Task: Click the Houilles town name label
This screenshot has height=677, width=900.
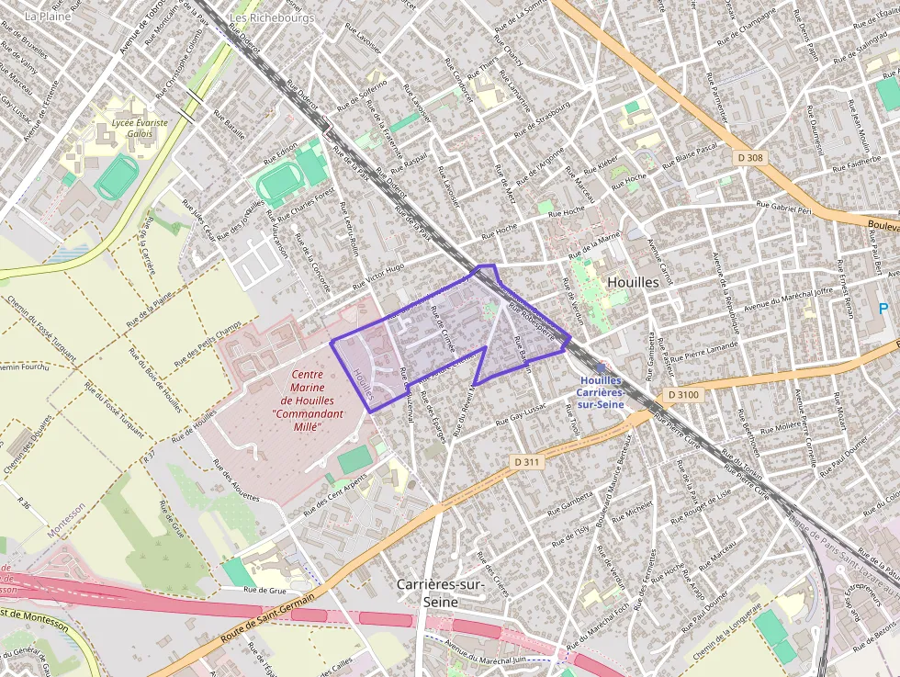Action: pos(633,282)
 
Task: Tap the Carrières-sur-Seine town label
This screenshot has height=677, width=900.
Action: pos(440,592)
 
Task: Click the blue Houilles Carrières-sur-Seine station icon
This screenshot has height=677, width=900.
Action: pos(602,367)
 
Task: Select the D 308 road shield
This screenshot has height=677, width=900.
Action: pos(750,158)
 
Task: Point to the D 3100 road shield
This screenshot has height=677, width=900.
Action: pos(683,394)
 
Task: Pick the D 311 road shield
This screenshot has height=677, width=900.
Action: pos(526,462)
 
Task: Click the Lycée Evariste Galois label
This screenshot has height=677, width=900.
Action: pos(132,127)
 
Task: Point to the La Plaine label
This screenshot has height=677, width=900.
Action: pos(49,16)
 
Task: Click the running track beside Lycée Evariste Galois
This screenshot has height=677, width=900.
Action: pos(117,177)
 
